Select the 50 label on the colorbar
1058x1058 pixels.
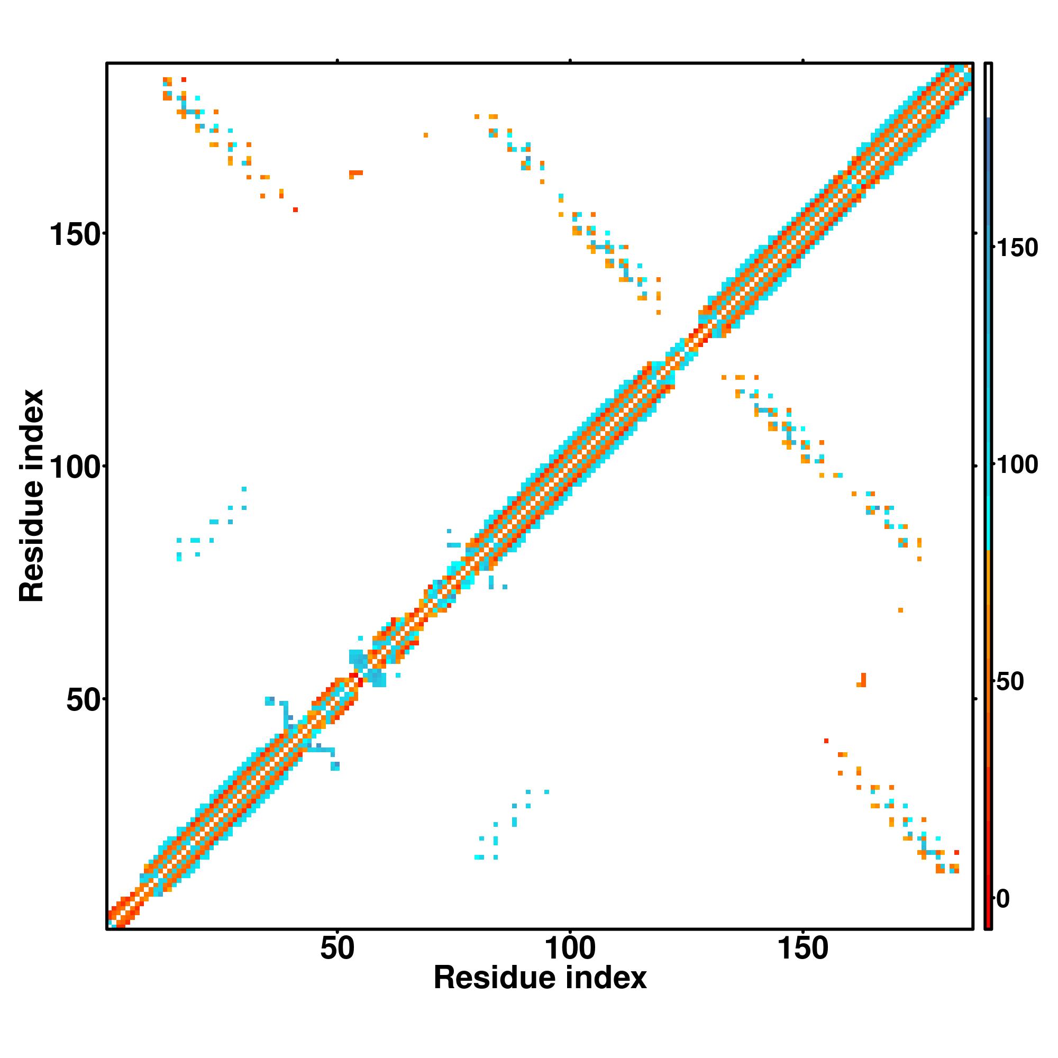click(1009, 682)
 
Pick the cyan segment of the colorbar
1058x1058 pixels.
click(989, 493)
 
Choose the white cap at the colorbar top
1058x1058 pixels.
click(989, 90)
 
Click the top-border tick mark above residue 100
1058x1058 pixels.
click(570, 60)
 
